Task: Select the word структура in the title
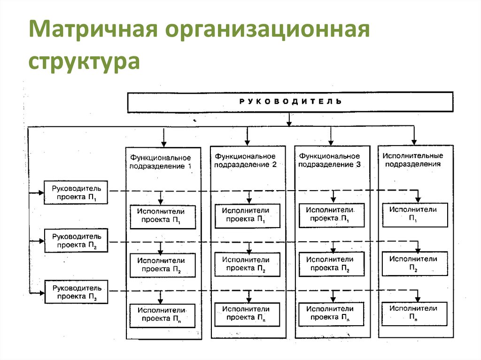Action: (84, 61)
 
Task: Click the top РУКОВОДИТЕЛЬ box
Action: (290, 102)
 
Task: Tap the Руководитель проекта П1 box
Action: (76, 192)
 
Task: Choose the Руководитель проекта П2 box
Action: (76, 241)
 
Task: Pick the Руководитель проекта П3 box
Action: (76, 291)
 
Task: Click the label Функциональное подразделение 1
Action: (161, 161)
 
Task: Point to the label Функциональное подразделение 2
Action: (245, 160)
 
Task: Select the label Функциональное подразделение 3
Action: (330, 160)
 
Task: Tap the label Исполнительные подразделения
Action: (413, 160)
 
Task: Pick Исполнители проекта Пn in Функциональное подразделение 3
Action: (330, 314)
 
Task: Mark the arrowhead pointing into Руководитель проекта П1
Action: (41, 192)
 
